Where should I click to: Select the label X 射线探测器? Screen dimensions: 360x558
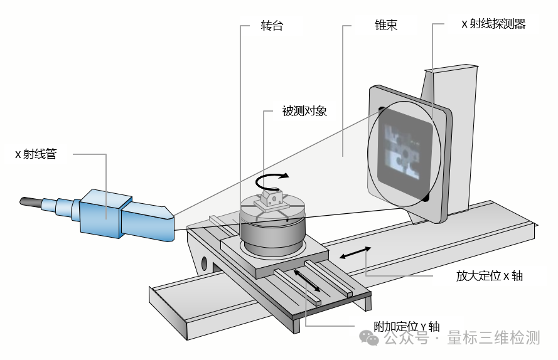493,24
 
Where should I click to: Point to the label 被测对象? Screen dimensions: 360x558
304,111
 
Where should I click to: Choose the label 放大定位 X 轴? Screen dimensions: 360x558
490,276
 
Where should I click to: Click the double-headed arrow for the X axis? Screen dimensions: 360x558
355,252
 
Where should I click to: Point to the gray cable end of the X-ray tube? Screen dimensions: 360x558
31,202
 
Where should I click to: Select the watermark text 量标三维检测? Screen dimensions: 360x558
493,339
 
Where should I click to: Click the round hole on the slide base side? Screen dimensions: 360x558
203,261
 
